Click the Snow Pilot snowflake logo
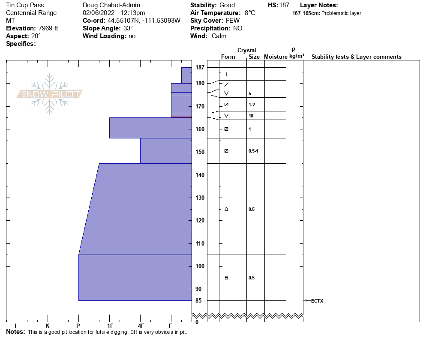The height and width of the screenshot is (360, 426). [x=50, y=94]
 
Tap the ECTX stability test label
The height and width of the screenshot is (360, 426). [x=317, y=301]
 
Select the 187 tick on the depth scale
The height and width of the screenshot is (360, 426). [x=200, y=67]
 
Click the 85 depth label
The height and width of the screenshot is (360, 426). [x=198, y=300]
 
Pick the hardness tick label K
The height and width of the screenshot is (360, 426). [x=47, y=326]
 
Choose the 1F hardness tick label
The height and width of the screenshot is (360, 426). [x=110, y=326]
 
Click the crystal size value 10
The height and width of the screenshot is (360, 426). [x=251, y=116]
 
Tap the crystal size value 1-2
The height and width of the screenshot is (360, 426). [x=252, y=105]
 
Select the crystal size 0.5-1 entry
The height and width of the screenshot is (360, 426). [x=253, y=151]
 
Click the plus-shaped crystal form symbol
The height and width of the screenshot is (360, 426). [x=226, y=74]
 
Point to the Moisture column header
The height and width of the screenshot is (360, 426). [x=276, y=57]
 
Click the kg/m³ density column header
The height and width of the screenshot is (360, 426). [x=297, y=56]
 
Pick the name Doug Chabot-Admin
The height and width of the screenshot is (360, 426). [x=111, y=5]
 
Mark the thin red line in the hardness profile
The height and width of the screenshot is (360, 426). [x=181, y=117]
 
